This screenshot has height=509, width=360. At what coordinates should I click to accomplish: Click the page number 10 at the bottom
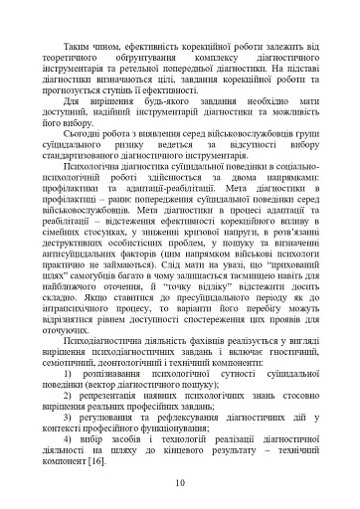point(180,483)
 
